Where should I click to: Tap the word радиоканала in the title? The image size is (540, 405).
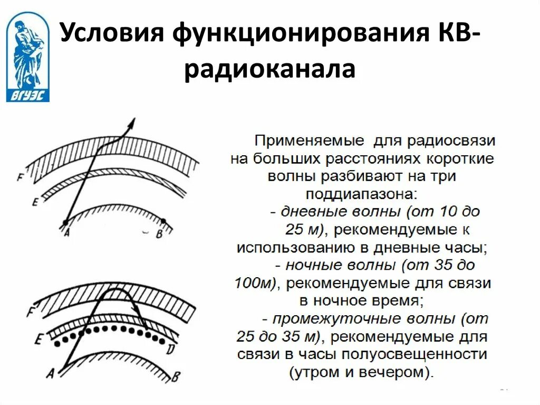point(269,70)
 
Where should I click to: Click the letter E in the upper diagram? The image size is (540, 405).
point(34,202)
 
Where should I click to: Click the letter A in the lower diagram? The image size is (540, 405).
point(51,373)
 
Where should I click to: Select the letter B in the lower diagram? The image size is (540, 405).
point(176,376)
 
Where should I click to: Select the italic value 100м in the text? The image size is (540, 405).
point(253,283)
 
